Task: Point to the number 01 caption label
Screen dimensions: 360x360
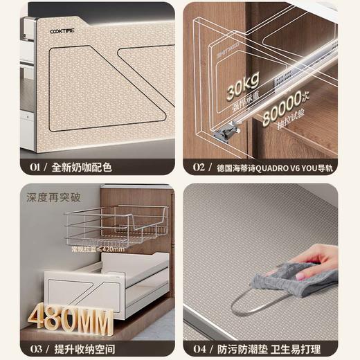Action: click(30, 167)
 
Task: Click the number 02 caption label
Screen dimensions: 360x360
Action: click(199, 167)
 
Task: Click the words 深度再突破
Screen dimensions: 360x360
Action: click(54, 197)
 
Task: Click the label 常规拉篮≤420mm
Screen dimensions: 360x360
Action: click(97, 249)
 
